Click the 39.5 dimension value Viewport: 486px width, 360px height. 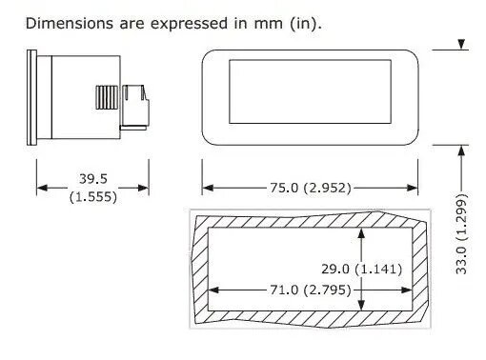click(93, 179)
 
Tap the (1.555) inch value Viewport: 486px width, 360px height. click(93, 197)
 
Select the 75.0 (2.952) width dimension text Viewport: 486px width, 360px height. click(311, 188)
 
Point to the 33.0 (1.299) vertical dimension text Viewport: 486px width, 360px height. click(462, 233)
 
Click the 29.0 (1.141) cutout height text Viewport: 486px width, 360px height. click(362, 270)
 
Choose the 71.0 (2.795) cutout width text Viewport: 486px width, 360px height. click(311, 290)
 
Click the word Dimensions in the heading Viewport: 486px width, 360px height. click(70, 24)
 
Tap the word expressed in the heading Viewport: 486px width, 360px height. click(189, 24)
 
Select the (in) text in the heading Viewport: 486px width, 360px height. click(304, 24)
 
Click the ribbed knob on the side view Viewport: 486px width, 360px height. click(107, 97)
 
